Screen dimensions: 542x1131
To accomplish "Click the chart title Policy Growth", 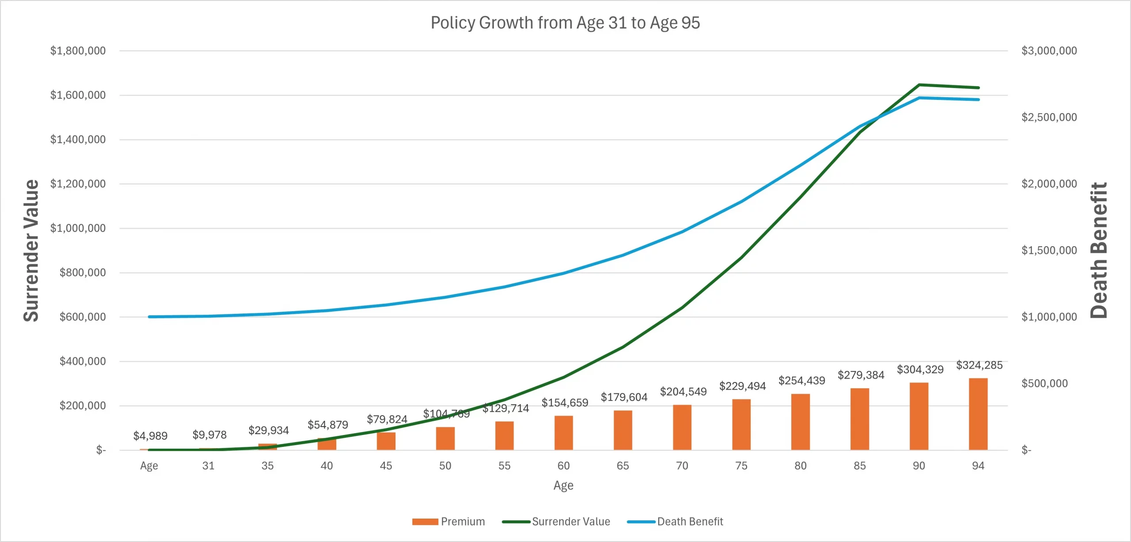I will (565, 23).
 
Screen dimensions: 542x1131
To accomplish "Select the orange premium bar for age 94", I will (978, 414).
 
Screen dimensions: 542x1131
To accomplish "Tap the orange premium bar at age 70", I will (682, 427).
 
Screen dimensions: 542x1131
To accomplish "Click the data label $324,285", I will (979, 365).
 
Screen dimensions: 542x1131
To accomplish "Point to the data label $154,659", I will (565, 403).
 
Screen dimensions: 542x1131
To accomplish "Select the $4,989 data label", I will (150, 436).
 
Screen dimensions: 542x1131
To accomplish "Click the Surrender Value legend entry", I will (556, 522).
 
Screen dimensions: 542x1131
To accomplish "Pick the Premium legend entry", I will (448, 522).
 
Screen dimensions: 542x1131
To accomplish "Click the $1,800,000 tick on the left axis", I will (78, 51).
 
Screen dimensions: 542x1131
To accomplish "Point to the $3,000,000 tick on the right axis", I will (1049, 51).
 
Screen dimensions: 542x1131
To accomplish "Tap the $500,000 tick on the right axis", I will (1044, 383).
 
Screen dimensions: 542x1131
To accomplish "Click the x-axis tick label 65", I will (622, 466).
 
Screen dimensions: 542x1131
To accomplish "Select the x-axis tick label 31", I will (208, 466).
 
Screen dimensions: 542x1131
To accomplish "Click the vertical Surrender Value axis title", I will (31, 250).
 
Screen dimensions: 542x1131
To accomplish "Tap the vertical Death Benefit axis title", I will (1099, 250).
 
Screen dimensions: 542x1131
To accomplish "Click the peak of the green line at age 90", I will (919, 85).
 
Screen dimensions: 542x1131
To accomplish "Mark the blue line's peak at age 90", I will (919, 98).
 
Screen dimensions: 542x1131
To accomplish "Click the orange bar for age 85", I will (860, 419).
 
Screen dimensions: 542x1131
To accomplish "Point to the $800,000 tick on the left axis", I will (83, 273).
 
